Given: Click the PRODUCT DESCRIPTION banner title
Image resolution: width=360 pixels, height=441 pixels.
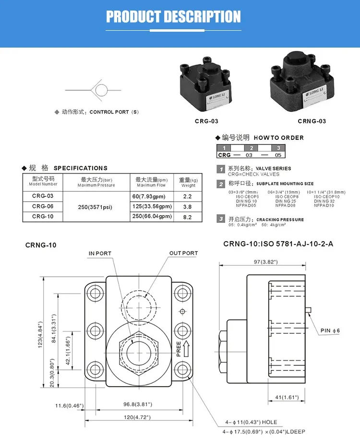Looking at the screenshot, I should pos(173,17).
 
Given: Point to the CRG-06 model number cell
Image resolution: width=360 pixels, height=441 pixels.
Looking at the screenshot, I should pos(43,206).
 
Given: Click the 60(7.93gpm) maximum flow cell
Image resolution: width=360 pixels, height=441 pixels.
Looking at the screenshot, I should pos(151,196).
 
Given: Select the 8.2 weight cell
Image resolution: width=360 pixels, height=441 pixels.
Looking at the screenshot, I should pos(188,217).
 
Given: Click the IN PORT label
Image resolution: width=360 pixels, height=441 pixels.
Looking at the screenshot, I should pos(100,253).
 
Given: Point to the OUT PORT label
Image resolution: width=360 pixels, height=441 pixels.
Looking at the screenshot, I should pos(183,253).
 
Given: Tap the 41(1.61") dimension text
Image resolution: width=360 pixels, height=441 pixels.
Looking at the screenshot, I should pos(286,397).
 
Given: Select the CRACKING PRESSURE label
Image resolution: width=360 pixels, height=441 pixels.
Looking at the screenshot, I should pos(280,220).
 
